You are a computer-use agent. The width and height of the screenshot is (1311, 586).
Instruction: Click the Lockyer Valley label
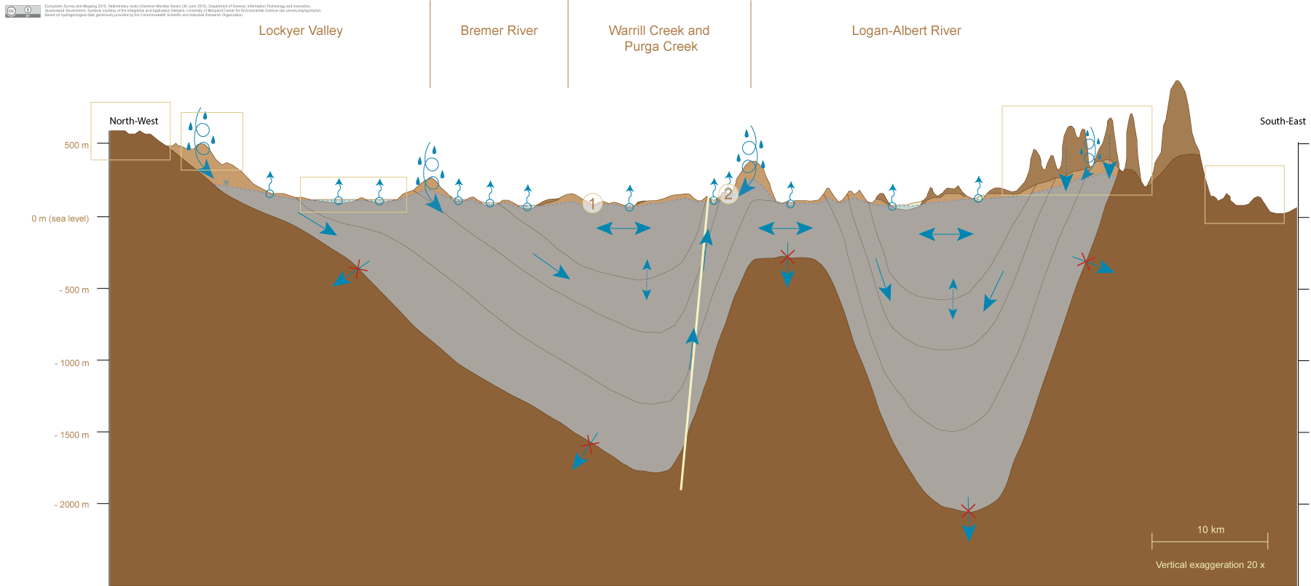point(300,31)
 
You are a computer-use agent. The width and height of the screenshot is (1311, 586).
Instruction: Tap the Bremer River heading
point(499,31)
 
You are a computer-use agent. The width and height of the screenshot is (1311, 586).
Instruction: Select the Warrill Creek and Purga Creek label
point(660,39)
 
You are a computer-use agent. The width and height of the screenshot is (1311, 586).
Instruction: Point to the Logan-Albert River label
point(906,31)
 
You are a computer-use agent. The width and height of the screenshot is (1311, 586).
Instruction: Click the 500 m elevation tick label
point(76,146)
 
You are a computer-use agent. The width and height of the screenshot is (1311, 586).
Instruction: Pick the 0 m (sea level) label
point(60,218)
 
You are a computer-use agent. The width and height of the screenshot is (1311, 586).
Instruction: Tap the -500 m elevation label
point(74,290)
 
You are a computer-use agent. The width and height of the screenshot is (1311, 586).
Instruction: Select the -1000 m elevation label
point(72,363)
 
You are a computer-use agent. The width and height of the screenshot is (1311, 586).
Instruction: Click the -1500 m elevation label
point(72,435)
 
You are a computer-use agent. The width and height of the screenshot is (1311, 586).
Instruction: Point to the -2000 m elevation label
point(72,504)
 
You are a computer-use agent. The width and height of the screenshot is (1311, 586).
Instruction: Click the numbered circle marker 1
point(592,203)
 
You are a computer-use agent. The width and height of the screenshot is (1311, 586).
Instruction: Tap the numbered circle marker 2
point(728,194)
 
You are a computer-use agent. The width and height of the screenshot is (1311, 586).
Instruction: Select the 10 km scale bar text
point(1210,530)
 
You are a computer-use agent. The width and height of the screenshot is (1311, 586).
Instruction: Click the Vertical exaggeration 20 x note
point(1210,565)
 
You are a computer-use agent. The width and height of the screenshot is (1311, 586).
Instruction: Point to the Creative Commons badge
point(23,10)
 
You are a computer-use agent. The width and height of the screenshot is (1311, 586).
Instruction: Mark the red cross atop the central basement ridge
point(787,256)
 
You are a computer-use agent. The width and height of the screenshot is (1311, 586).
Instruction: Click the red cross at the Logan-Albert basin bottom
point(968,511)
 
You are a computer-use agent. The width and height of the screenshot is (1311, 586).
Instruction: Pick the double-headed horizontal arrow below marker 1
point(623,229)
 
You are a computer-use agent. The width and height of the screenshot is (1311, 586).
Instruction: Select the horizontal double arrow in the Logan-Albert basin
point(946,234)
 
